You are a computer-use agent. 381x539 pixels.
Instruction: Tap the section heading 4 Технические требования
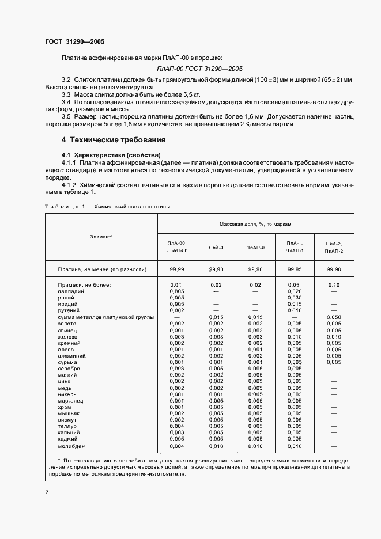click(x=114, y=140)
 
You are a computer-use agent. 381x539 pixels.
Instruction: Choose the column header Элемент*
click(x=101, y=237)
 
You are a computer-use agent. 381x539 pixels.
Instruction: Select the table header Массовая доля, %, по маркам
click(x=255, y=223)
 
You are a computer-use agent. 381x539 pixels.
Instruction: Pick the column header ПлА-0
click(x=216, y=248)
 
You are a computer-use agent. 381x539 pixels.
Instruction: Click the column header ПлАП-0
click(x=255, y=248)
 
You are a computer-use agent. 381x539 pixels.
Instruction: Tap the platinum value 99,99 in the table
click(x=177, y=269)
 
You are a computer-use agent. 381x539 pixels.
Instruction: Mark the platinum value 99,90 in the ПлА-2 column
click(x=334, y=269)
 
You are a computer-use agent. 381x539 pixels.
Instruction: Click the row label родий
click(x=67, y=298)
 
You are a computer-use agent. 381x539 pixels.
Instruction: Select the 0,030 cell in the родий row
click(x=294, y=298)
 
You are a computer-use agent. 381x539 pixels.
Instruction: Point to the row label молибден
click(x=71, y=446)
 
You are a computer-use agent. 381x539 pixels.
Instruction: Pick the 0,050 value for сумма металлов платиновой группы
click(x=334, y=317)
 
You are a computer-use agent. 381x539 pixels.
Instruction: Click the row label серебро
click(x=69, y=369)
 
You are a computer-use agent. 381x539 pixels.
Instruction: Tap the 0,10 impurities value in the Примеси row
click(x=334, y=285)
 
